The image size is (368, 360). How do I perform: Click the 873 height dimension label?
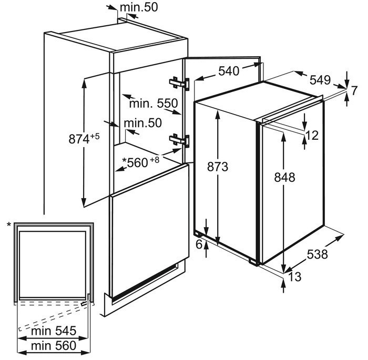point(218,167)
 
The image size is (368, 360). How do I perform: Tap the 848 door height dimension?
point(284,177)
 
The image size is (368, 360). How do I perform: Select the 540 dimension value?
point(229,71)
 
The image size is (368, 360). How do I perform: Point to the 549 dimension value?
point(320,80)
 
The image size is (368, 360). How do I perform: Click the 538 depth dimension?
point(317,254)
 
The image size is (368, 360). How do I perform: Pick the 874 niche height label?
point(79,139)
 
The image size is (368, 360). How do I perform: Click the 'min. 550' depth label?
point(154,103)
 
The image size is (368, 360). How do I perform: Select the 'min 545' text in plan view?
point(54,331)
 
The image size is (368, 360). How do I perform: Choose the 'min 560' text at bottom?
point(54,346)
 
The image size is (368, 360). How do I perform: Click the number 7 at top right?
point(354,90)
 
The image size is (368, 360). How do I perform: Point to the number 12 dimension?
point(312,136)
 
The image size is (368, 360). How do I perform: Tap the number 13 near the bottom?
point(294,276)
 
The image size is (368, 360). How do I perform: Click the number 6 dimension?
point(199,244)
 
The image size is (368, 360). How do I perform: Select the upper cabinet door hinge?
point(179,84)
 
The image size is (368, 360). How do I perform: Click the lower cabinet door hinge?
point(179,140)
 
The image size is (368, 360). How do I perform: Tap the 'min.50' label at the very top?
point(139,7)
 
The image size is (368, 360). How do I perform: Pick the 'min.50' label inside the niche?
point(142,123)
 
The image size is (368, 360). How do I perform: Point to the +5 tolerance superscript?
point(95,136)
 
